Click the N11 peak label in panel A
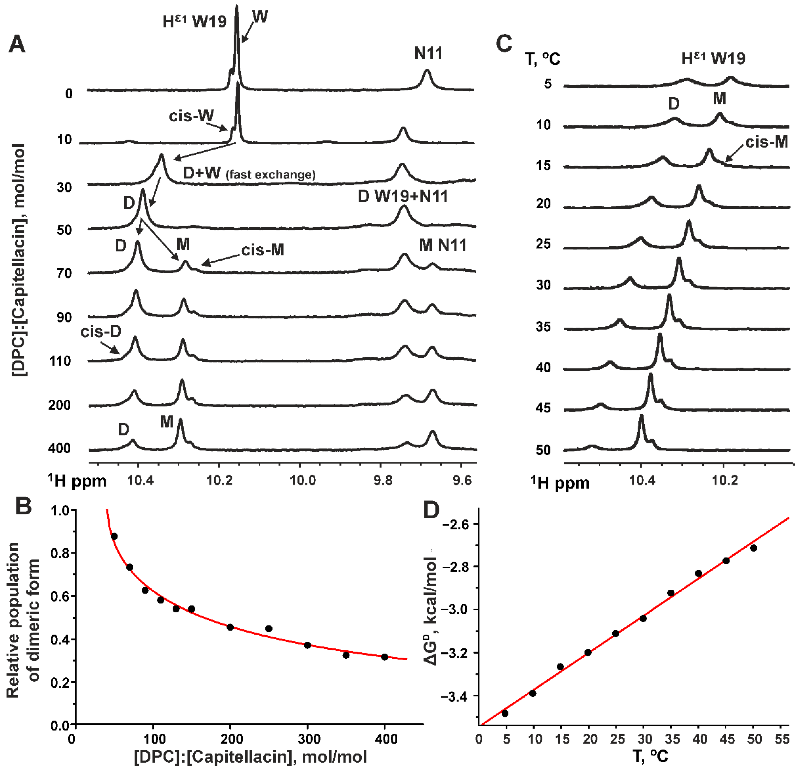pyautogui.click(x=428, y=53)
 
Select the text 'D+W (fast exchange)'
pyautogui.click(x=249, y=174)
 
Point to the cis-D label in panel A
pyautogui.click(x=101, y=331)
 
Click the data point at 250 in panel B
pyautogui.click(x=269, y=629)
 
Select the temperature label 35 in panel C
pyautogui.click(x=543, y=327)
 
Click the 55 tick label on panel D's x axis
pyautogui.click(x=782, y=739)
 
